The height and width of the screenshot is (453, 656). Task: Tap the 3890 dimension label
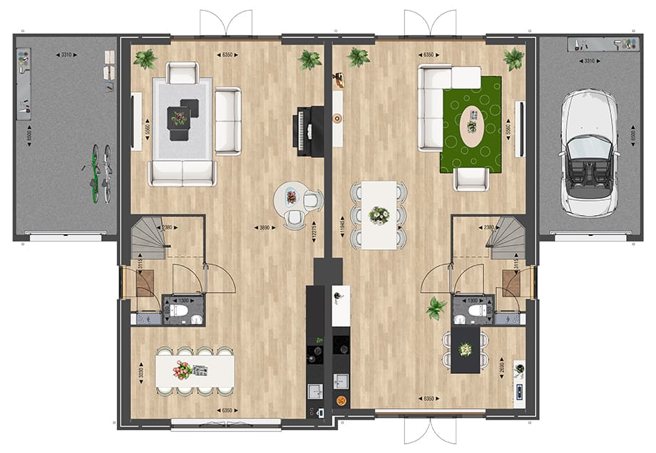(x=265, y=227)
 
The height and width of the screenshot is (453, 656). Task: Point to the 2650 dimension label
(x=503, y=366)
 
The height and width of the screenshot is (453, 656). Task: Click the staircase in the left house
(x=147, y=239)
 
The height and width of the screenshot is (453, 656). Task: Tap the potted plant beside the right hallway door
(x=435, y=308)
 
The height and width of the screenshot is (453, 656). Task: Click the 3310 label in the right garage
(x=588, y=61)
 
